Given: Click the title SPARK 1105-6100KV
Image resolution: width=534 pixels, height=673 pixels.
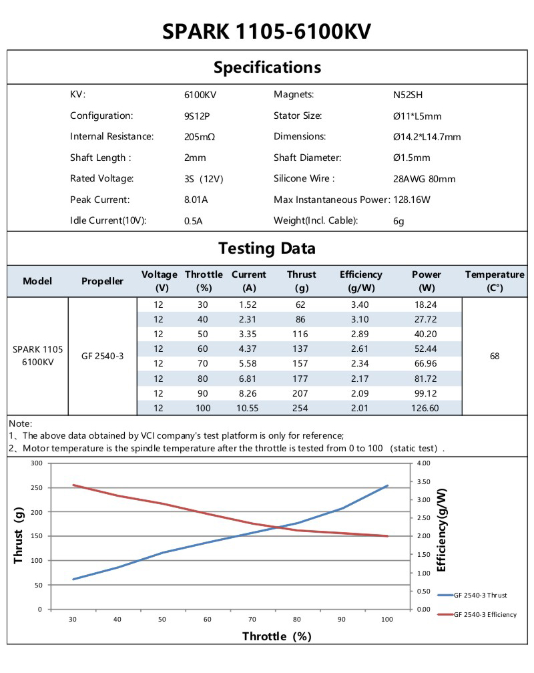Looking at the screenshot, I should pos(267,31).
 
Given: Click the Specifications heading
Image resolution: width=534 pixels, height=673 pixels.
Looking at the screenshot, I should pos(267,67).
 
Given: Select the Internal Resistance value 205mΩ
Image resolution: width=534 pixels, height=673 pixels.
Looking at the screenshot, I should pos(199,137).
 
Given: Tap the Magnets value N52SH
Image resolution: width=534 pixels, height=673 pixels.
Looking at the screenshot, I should pos(408,95).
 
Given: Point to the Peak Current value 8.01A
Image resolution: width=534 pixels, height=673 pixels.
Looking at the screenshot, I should pos(195,200).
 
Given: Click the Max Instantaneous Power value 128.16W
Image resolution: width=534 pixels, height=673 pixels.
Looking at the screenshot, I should pos(411,200).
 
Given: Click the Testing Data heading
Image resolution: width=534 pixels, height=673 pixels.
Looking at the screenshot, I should pos(267,248).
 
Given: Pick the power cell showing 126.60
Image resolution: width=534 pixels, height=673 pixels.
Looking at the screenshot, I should pos(426,408).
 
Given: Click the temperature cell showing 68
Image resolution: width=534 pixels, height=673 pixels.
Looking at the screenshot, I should pos(495,357).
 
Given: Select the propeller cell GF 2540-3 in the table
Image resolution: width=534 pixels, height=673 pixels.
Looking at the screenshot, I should pos(102,357).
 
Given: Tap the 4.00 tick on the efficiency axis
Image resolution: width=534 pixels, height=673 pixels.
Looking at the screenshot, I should pos(425,463).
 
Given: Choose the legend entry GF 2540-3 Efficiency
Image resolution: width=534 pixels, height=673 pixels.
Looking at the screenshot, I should pos(485,614).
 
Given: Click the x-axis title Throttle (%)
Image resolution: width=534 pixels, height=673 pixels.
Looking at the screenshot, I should pos(276,636).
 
